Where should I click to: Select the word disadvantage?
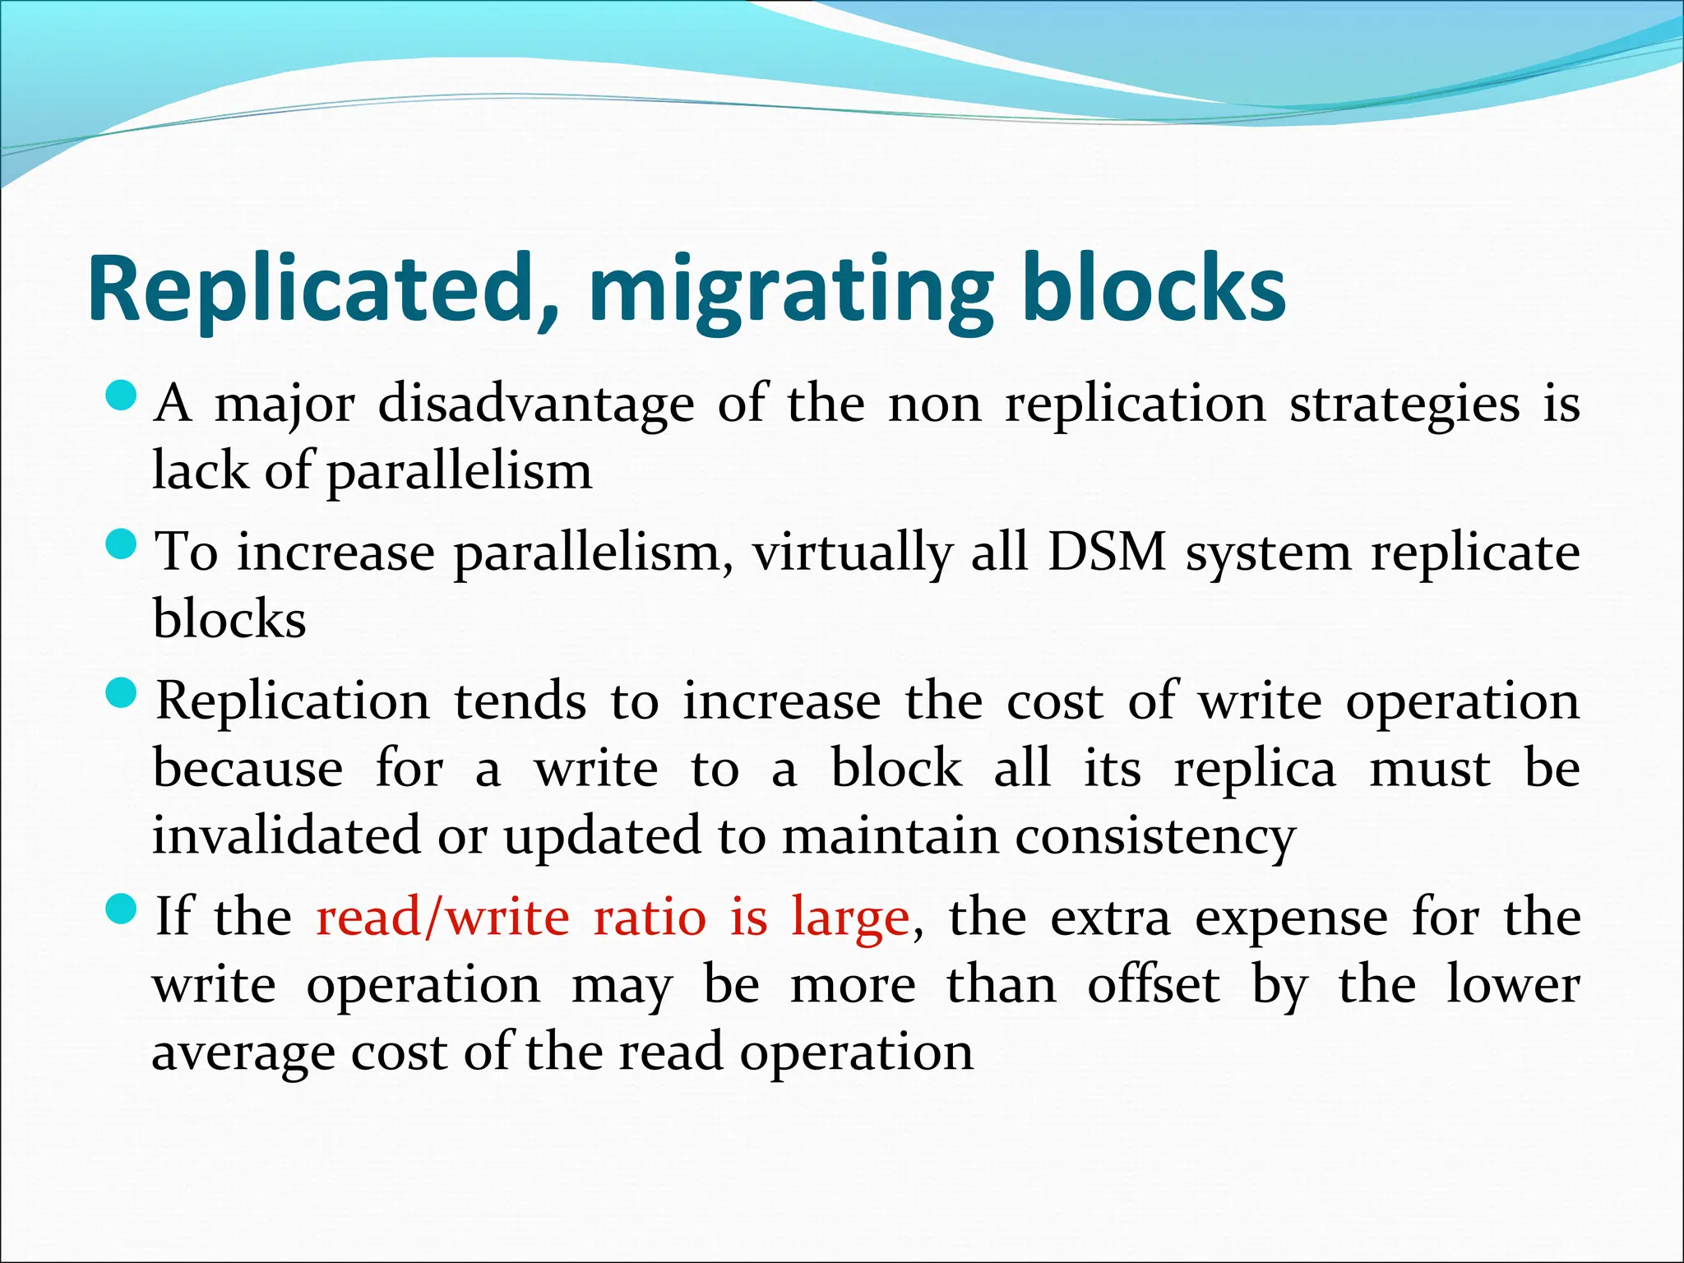click(x=536, y=405)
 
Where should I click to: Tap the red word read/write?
click(x=442, y=918)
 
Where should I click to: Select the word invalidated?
click(x=286, y=835)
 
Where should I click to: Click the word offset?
click(x=1154, y=985)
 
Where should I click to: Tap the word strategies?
click(x=1404, y=406)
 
